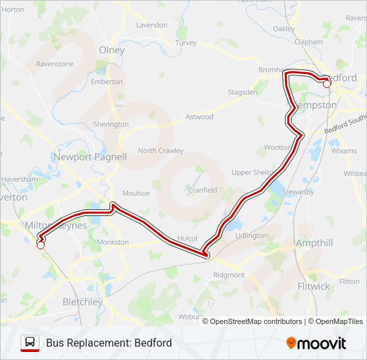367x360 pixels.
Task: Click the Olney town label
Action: pos(111,50)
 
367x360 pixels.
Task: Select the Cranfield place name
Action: pos(202,190)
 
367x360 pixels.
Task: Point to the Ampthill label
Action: pos(314,243)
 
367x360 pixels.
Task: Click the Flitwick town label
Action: pos(313,286)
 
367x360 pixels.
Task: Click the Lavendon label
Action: pos(151,25)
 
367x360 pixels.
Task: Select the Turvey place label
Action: pos(186,43)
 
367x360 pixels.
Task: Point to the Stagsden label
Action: pos(242,92)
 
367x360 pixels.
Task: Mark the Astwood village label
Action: pos(199,117)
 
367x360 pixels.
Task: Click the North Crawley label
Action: pos(161,151)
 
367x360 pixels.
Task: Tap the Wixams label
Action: pos(344,151)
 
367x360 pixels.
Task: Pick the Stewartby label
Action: pos(298,192)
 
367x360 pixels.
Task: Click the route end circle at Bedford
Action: pos(327,84)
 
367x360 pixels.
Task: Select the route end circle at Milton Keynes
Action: pos(40,245)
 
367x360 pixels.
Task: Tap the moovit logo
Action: pos(316,343)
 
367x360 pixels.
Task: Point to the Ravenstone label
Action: pos(55,64)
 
